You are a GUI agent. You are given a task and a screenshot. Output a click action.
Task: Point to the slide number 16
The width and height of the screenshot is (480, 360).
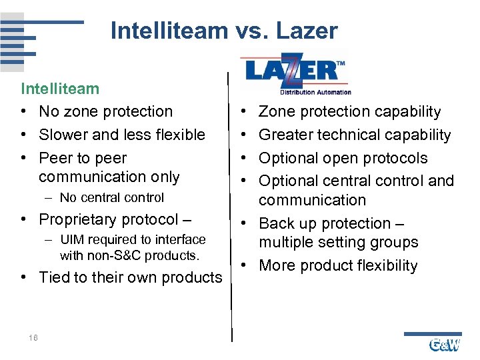[x=33, y=338]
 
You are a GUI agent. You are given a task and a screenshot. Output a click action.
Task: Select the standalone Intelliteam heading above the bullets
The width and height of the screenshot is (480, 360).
[x=60, y=89]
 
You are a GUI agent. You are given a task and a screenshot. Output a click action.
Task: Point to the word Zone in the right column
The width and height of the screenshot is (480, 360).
[x=277, y=112]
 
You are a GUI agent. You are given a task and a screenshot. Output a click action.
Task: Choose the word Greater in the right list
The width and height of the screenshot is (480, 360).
[x=285, y=135]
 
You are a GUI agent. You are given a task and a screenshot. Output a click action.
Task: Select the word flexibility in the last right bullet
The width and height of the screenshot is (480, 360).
[x=383, y=265]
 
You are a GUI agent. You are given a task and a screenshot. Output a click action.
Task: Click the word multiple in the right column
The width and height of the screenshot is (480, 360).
[x=285, y=243]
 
